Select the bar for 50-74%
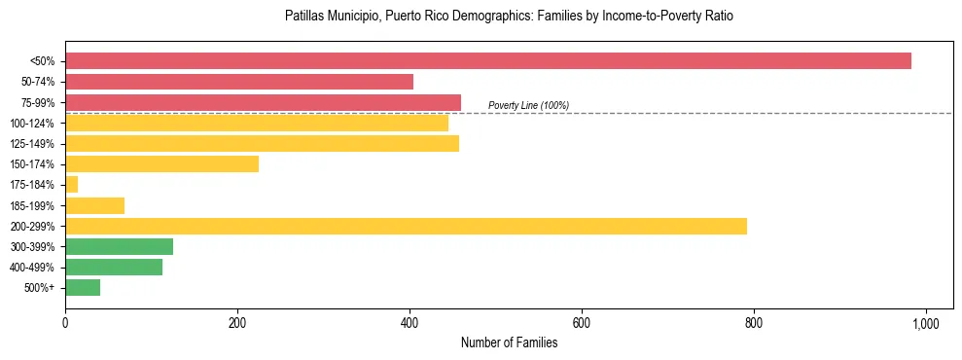(239, 82)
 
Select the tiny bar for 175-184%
(71, 185)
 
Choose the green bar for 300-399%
(119, 247)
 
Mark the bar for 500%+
(83, 288)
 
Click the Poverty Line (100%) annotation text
(528, 105)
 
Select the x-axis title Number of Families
(509, 342)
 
